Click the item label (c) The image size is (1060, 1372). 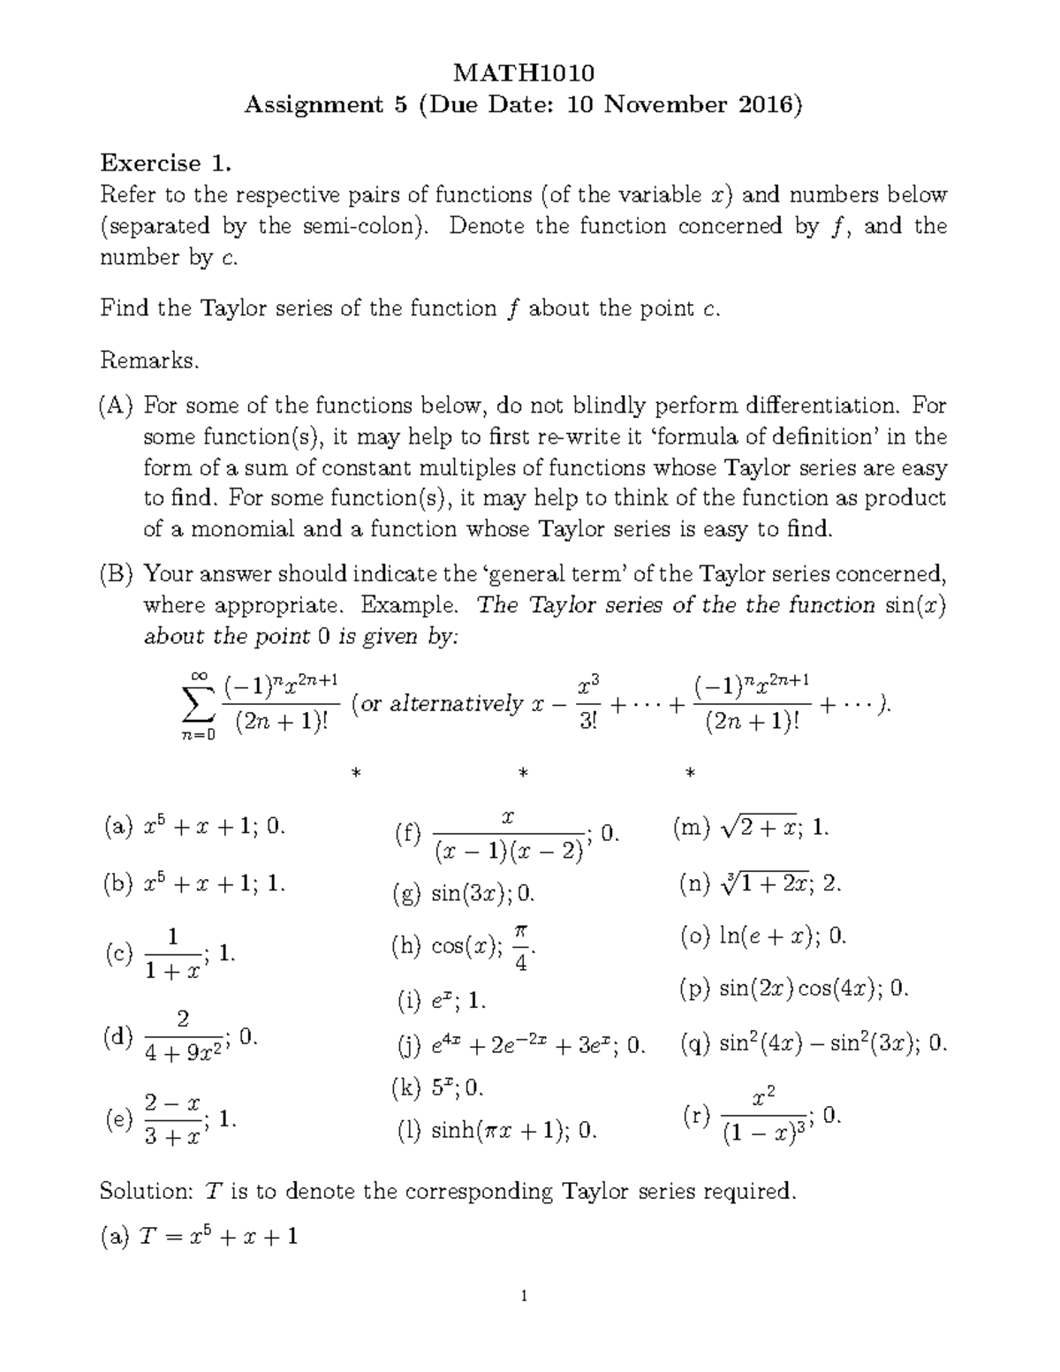pos(117,954)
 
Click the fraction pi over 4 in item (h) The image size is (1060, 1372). pos(521,948)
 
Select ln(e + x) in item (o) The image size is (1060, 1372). pos(765,936)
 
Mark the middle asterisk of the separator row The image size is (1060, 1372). pos(524,774)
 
